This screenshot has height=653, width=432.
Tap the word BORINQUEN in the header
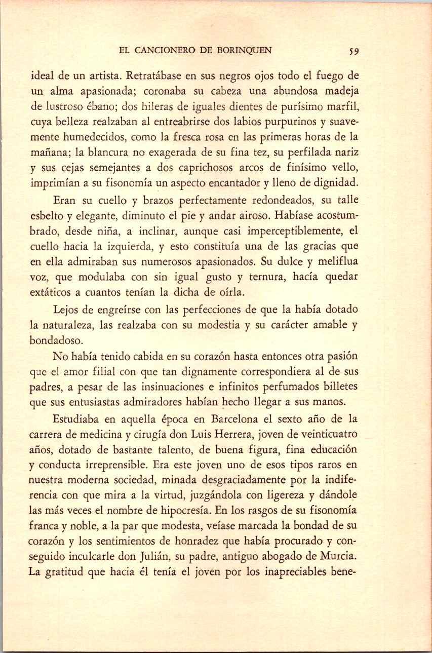tap(244, 51)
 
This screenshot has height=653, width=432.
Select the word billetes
tap(339, 387)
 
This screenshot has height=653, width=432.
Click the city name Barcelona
tap(235, 420)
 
